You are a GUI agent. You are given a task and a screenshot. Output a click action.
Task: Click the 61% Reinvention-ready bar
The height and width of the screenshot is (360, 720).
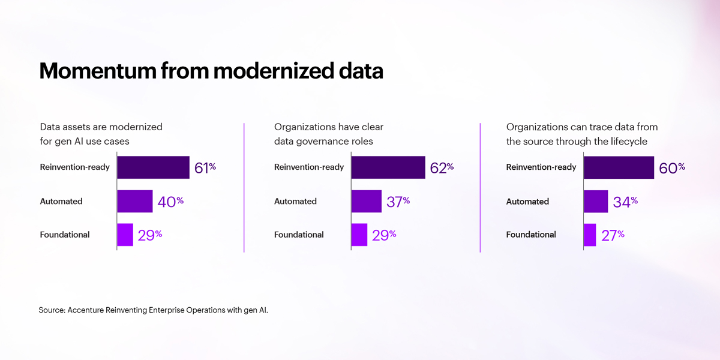(x=153, y=167)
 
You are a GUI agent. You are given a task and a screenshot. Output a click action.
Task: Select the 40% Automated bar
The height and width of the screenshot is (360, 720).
(x=135, y=202)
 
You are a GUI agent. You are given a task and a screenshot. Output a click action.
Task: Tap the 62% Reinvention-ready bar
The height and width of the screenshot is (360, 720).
(x=388, y=167)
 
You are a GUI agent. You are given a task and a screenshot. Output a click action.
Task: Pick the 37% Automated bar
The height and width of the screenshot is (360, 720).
(x=367, y=202)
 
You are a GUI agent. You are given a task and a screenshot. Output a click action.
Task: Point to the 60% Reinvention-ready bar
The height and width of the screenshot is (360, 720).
(x=619, y=167)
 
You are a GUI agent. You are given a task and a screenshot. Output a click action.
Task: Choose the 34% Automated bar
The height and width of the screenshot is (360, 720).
(x=596, y=202)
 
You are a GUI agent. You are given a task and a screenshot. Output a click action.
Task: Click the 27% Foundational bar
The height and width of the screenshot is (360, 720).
(x=590, y=235)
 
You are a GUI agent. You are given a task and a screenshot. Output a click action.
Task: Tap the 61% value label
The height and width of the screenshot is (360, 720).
(x=205, y=168)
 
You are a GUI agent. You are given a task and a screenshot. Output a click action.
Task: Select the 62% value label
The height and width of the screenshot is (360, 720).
(x=442, y=168)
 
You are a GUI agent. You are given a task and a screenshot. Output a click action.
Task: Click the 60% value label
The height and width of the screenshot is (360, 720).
(x=671, y=168)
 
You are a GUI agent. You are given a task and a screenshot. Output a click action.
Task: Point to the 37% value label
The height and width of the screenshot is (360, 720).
(x=398, y=202)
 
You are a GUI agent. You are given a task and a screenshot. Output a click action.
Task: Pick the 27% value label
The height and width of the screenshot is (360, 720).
(x=613, y=235)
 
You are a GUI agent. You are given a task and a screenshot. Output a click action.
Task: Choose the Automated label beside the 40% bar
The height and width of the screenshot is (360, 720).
(x=61, y=202)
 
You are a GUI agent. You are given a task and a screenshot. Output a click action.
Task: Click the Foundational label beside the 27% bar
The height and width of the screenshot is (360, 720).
(x=531, y=235)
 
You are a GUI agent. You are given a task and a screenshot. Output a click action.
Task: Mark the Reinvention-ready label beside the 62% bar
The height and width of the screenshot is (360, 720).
(x=309, y=167)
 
